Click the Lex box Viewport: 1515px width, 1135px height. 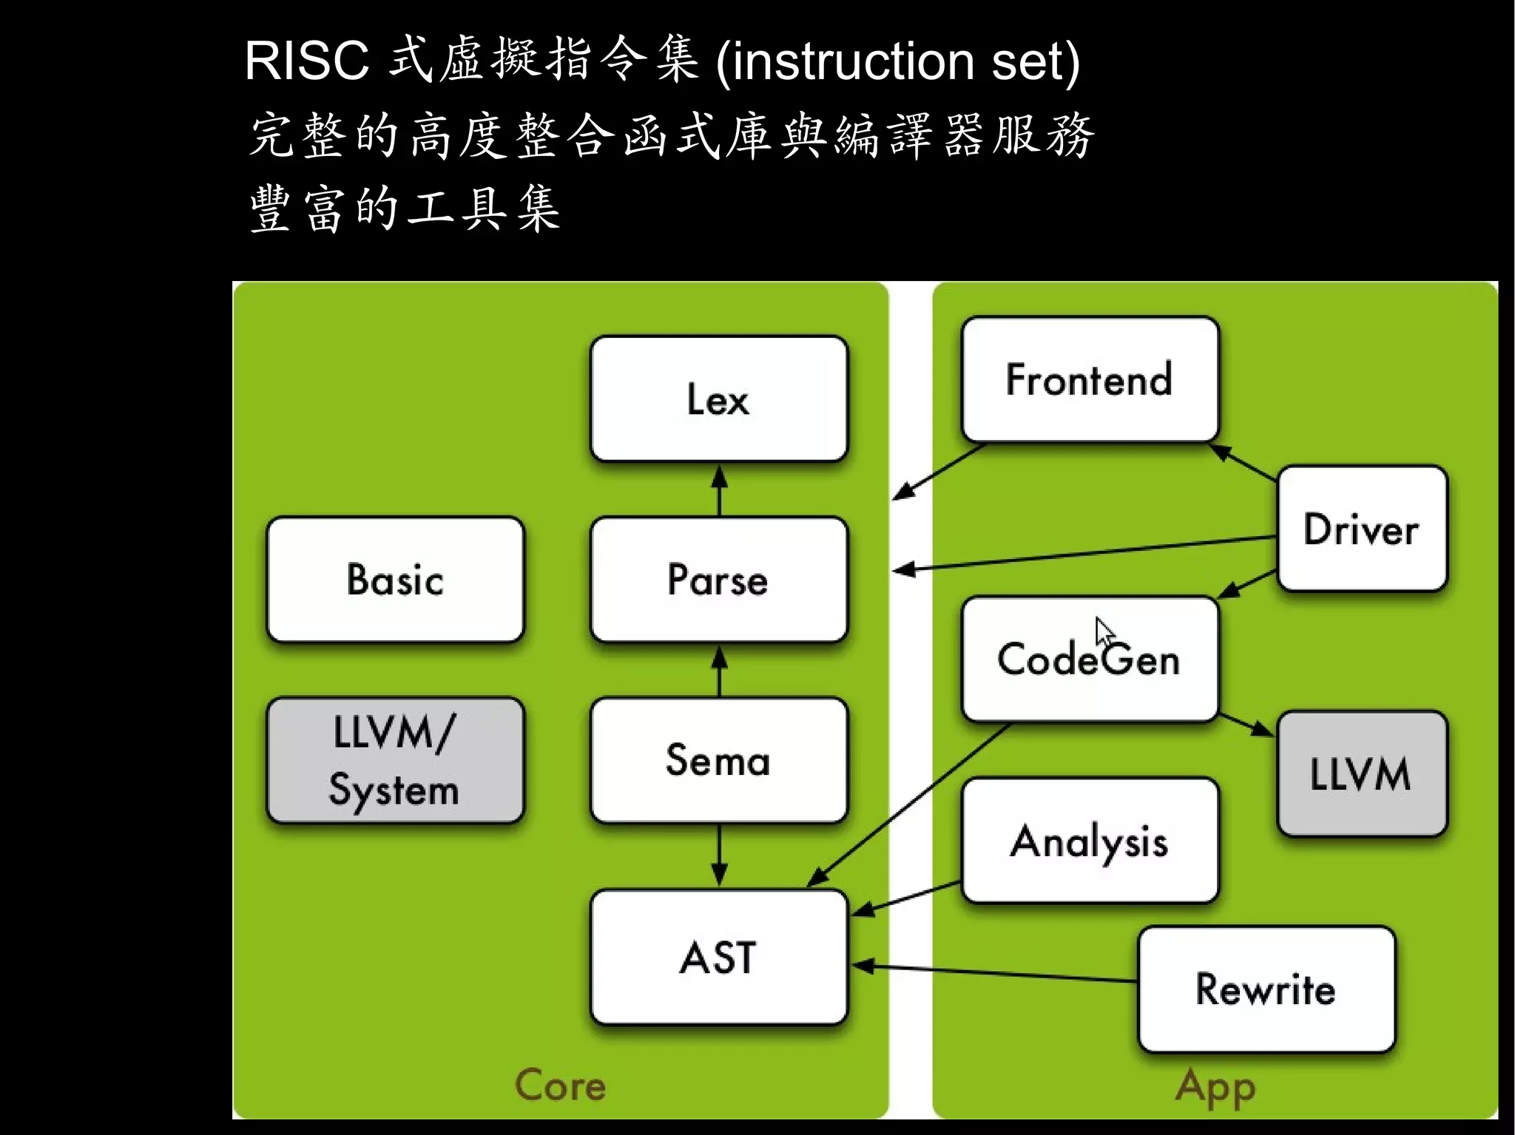point(718,399)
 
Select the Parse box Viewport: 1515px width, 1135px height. point(718,579)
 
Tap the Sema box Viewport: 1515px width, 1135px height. point(718,759)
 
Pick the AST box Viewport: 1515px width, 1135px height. point(718,958)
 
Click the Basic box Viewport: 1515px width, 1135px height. point(395,579)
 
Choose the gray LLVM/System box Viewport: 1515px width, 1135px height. point(395,760)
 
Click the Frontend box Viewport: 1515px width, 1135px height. point(1089,379)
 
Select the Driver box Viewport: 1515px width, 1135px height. point(1361,529)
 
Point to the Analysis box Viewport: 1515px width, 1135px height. point(1089,841)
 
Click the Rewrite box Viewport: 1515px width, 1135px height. point(1266,989)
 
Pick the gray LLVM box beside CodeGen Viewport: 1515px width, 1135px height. point(1361,774)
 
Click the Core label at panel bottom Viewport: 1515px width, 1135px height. point(560,1085)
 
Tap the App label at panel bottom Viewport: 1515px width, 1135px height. point(1215,1087)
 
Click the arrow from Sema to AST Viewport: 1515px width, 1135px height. point(719,855)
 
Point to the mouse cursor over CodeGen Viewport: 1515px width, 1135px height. point(1103,632)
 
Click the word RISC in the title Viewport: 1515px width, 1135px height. point(306,61)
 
